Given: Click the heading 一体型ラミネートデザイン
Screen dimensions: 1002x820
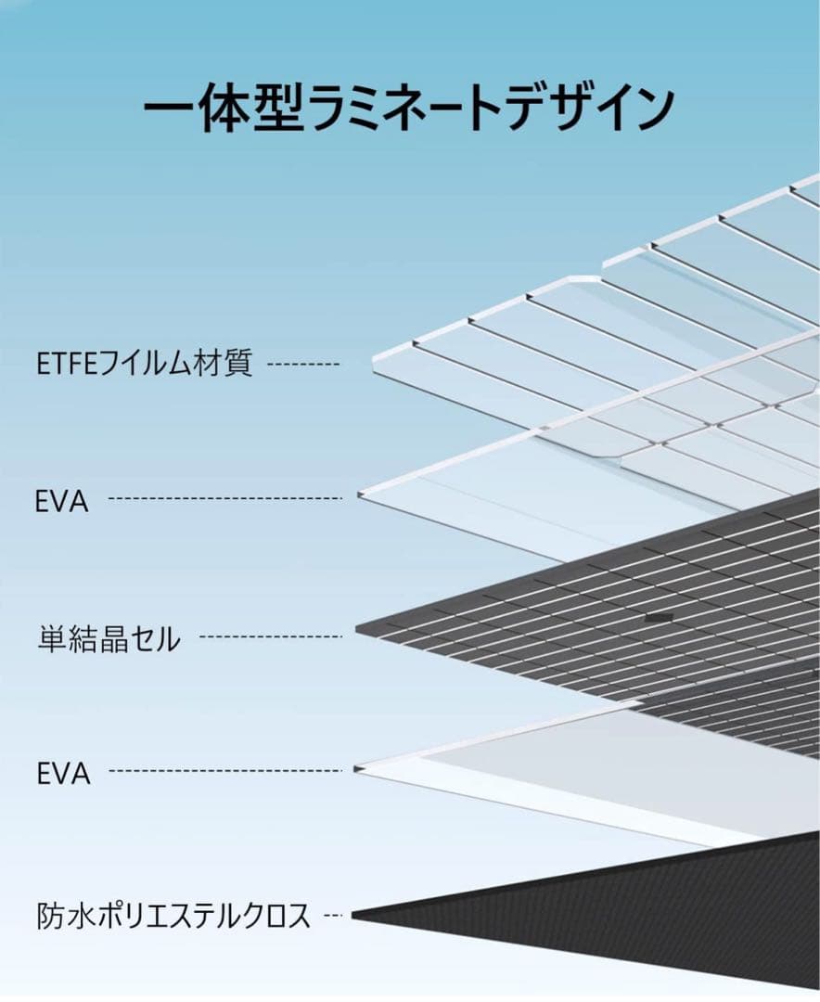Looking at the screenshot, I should (408, 109).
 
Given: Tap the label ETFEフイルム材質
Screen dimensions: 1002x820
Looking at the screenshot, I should (145, 363).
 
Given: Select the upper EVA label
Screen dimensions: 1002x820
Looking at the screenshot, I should (63, 501).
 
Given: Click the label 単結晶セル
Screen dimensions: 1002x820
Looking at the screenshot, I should (109, 638).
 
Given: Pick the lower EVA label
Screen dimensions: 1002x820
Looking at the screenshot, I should (63, 773).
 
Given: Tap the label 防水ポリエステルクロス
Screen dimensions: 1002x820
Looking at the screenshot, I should (173, 916).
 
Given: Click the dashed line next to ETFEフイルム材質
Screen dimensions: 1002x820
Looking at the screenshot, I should (303, 365).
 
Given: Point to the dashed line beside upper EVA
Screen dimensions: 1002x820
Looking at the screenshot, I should (225, 499).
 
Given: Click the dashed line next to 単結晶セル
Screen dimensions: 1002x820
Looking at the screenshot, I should (271, 636).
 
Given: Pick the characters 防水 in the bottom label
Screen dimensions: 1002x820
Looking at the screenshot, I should (63, 916).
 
